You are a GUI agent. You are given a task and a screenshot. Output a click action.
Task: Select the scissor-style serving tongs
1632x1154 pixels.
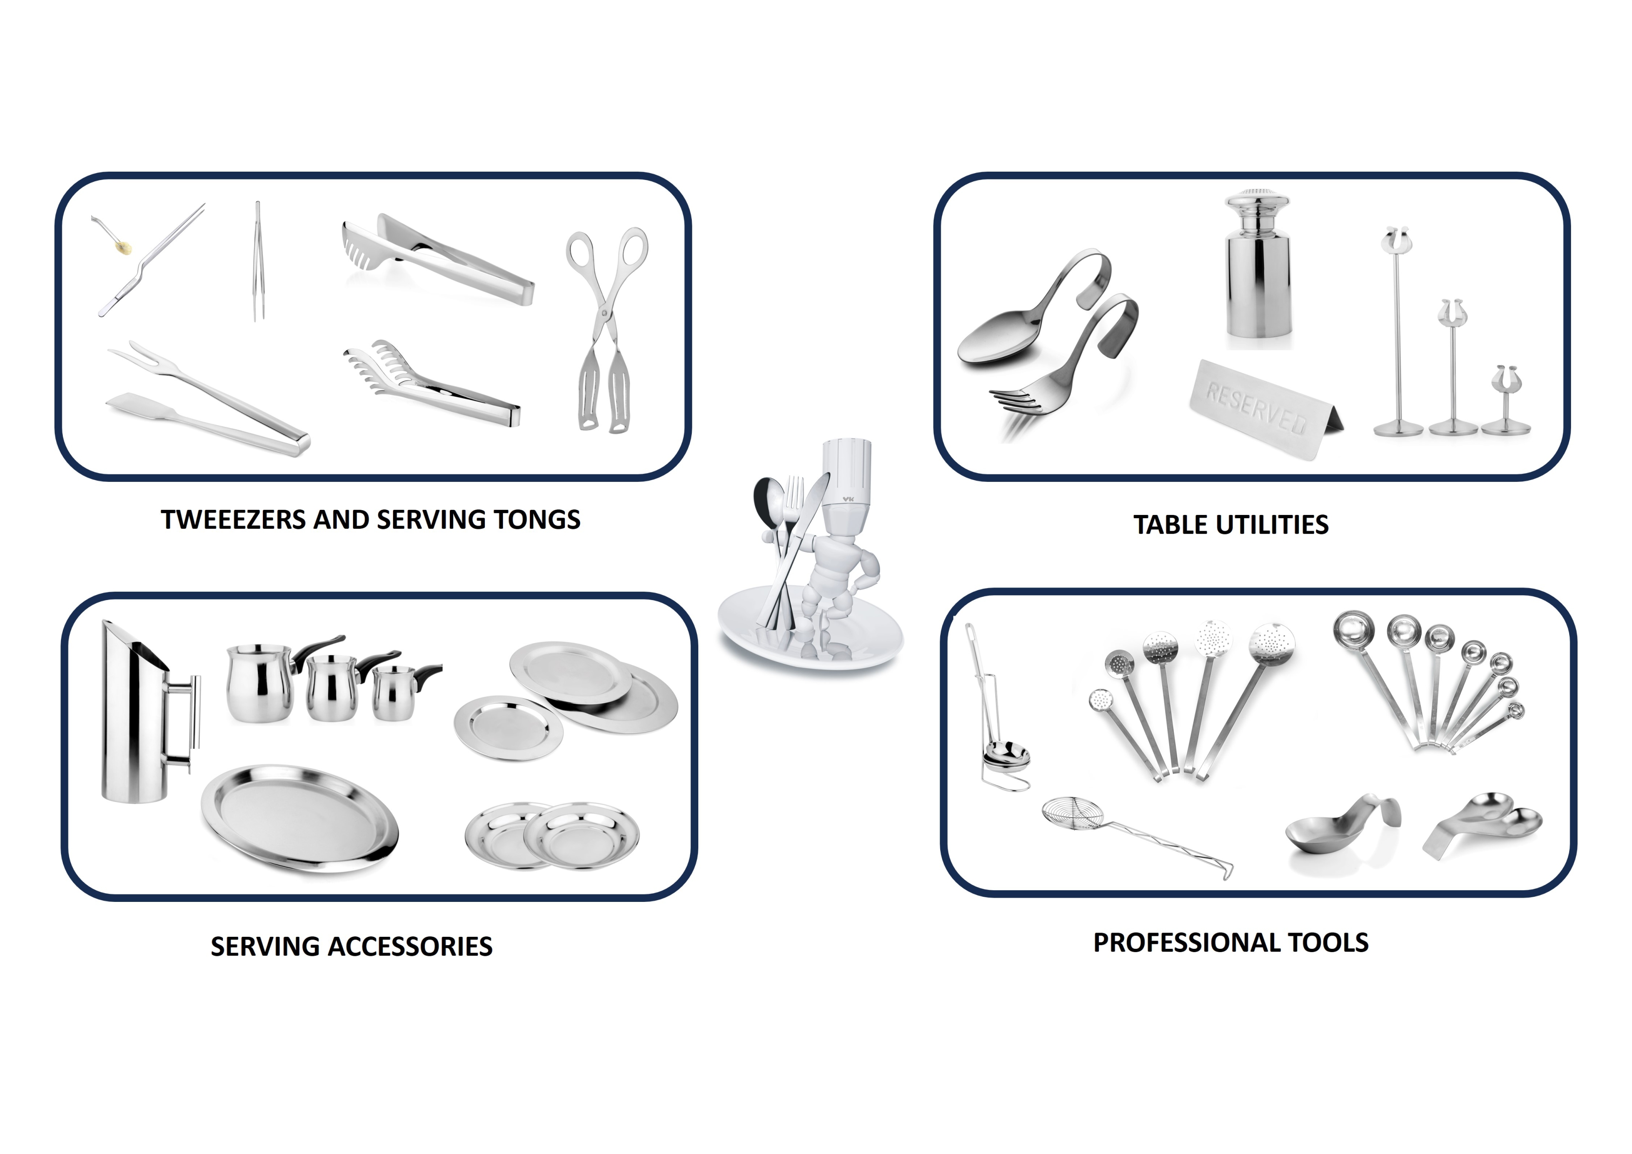tap(606, 328)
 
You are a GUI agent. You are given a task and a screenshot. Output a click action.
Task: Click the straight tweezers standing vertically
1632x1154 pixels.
tap(258, 261)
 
